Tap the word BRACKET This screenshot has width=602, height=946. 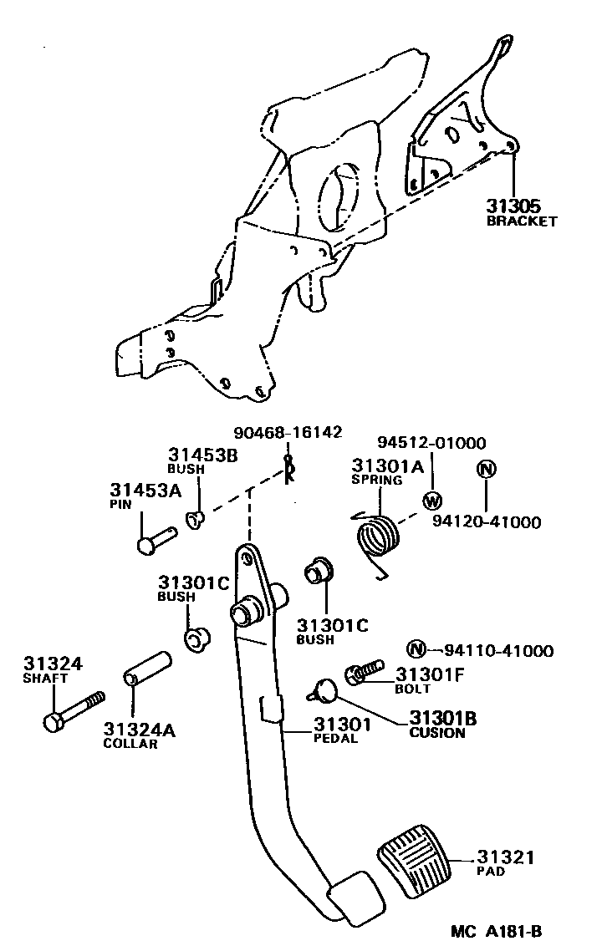(522, 221)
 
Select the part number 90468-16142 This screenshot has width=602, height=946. (289, 432)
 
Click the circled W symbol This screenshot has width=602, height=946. (432, 501)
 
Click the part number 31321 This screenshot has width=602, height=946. (505, 857)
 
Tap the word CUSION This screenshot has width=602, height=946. (436, 733)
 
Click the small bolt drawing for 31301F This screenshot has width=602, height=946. (364, 670)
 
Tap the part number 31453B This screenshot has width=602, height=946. (203, 455)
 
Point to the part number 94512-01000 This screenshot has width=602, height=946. (431, 443)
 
